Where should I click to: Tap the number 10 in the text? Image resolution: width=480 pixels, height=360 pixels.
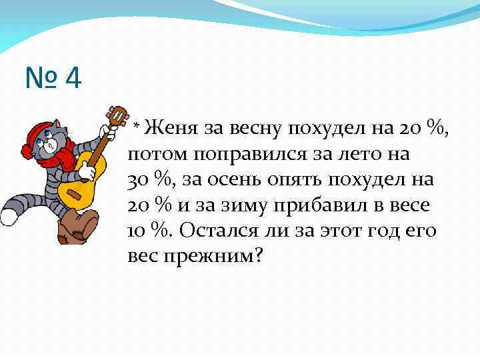[x=137, y=231]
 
